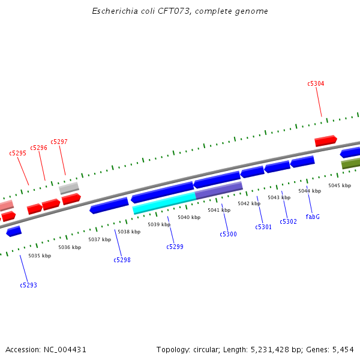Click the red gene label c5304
pos(316,84)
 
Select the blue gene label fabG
pos(313,217)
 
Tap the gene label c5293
pos(28,285)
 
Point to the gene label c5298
pos(122,260)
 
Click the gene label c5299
pos(175,247)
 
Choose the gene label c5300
pos(228,234)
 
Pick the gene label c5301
pos(263,227)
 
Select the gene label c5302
pos(288,221)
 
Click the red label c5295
pos(17,153)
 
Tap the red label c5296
pos(38,148)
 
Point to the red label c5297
pos(59,142)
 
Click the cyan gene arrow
pos(164,202)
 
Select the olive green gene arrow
pos(351,163)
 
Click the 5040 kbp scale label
pos(188,217)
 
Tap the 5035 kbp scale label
pos(40,256)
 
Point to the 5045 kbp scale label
pos(339,185)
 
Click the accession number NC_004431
pos(65,349)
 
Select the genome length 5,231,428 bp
pos(281,349)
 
